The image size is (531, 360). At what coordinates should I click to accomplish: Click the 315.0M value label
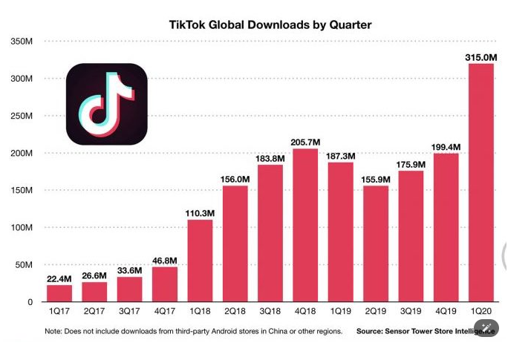tap(481, 56)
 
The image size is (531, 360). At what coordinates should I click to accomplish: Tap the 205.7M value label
tap(305, 142)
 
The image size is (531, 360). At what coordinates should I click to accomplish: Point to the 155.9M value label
tap(376, 178)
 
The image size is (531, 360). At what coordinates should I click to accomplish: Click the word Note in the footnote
tap(54, 331)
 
